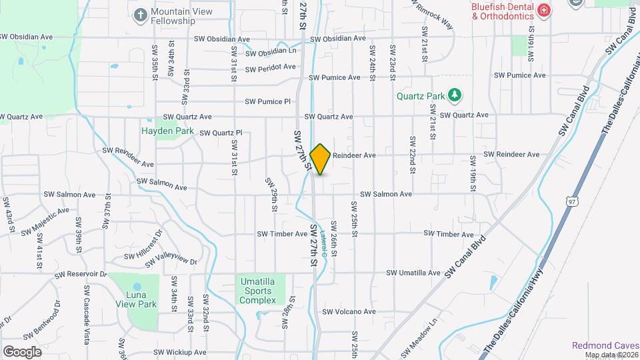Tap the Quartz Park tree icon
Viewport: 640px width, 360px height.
click(455, 96)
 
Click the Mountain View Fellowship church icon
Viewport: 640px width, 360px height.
click(140, 14)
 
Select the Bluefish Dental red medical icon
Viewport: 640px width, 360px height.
click(544, 10)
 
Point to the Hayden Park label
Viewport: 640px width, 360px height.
click(167, 131)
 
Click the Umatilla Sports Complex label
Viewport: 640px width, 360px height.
click(258, 291)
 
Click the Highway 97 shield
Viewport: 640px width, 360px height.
click(573, 201)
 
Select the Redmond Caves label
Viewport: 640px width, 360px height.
click(605, 345)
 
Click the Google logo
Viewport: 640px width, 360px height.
click(22, 351)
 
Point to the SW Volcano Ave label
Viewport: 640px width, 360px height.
click(349, 311)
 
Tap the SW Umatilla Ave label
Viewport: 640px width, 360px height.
click(414, 273)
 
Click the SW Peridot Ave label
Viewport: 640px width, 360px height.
click(270, 68)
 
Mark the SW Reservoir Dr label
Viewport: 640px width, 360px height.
click(81, 275)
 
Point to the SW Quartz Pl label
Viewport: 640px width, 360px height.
click(221, 133)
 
